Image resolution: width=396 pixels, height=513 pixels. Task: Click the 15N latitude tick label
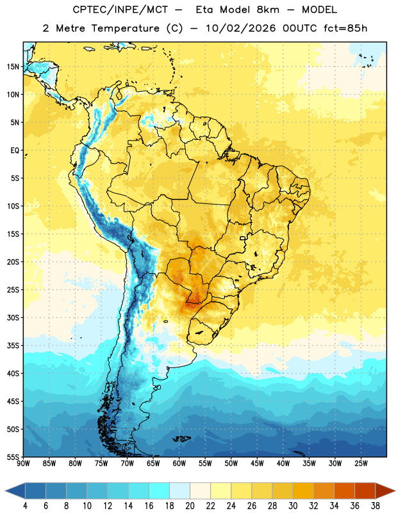13,67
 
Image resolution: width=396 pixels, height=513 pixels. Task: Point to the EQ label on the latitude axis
15,151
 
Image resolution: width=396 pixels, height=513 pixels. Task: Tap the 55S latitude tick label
13,457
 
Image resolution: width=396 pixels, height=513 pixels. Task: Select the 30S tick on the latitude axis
13,317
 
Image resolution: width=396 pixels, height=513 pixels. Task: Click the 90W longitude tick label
23,464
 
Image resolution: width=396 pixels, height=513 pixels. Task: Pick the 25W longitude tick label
361,464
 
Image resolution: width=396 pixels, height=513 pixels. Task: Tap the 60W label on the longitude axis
179,464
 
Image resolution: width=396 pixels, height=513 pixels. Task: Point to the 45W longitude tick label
257,464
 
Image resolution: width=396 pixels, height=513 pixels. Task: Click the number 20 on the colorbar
190,506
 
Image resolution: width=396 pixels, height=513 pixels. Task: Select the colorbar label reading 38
375,506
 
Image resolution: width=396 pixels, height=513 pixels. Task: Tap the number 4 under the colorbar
25,506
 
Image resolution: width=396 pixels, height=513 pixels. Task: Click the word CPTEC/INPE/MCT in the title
120,10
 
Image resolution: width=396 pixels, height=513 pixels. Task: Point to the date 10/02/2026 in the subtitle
241,28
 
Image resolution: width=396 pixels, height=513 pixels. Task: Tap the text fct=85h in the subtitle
345,28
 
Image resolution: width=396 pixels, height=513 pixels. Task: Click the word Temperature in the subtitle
125,28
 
